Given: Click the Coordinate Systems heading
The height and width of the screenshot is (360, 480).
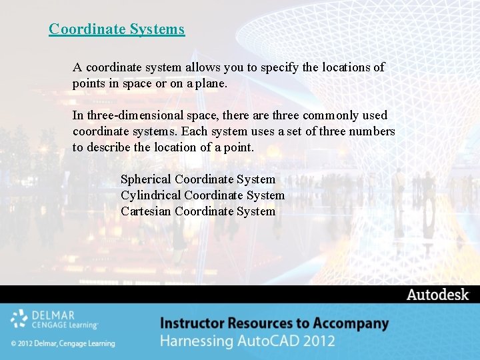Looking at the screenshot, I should (x=117, y=29).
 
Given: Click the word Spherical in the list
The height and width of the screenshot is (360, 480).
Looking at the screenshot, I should (x=145, y=179).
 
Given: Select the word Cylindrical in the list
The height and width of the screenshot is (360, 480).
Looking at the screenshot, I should (x=151, y=195).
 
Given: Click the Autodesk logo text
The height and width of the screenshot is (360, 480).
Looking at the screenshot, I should (x=438, y=295).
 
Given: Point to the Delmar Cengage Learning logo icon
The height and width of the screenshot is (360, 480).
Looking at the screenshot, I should (x=19, y=319).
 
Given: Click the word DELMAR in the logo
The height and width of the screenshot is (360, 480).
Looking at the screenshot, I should (x=53, y=315).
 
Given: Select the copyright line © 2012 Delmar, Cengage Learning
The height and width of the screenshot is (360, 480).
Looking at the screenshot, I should (x=63, y=343).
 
